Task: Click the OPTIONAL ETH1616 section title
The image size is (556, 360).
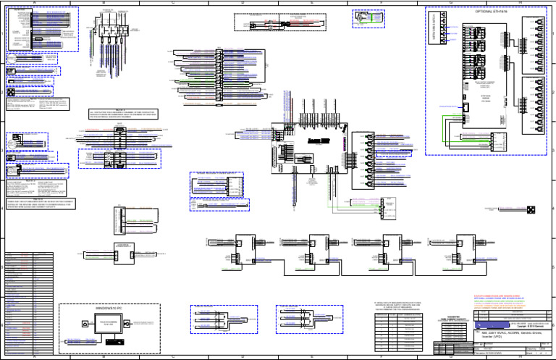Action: [x=491, y=13]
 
